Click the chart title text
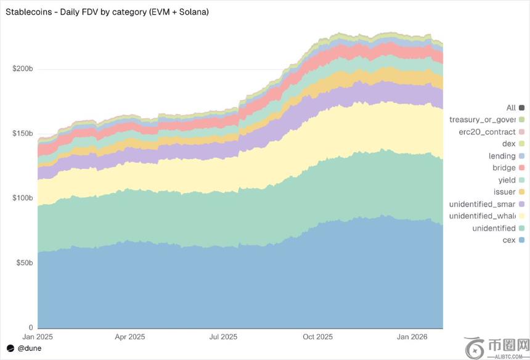107,12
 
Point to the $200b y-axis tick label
23,68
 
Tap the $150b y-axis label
23,134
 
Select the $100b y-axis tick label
23,198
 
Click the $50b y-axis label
25,263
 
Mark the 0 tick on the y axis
30,327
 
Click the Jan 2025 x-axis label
38,337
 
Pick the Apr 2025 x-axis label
130,337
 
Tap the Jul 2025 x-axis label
223,337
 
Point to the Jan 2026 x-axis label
411,337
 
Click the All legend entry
511,108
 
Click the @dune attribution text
29,348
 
